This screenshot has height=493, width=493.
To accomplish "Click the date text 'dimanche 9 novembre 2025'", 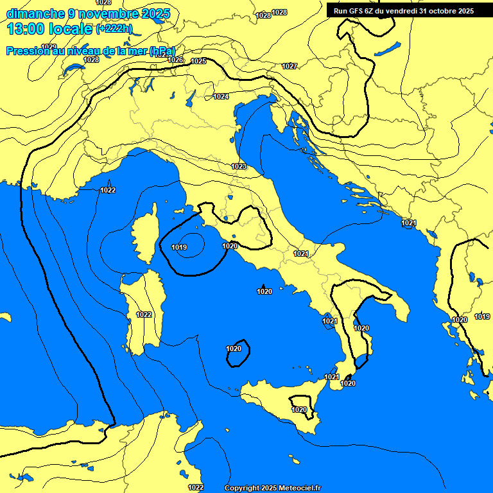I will tap(88, 13).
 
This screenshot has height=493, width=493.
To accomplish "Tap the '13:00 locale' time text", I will tap(51, 29).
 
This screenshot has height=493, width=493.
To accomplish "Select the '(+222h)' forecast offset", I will tap(114, 29).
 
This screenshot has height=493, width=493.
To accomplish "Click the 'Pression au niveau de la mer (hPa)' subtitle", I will tap(91, 51).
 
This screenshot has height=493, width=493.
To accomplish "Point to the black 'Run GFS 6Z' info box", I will tap(403, 11).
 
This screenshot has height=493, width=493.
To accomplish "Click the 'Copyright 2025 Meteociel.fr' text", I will tap(273, 489).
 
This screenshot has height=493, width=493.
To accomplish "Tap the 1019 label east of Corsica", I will tap(179, 247).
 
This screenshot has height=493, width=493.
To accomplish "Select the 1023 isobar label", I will tap(239, 166).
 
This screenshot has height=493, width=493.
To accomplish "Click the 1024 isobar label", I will tap(221, 96).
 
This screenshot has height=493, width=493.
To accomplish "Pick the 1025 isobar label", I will tap(198, 61).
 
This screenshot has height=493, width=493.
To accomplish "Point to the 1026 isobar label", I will tap(175, 60).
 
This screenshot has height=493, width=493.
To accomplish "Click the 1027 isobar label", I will tap(290, 66).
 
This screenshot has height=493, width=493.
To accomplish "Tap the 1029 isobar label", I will tap(49, 47).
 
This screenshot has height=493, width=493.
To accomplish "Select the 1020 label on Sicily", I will tap(299, 410).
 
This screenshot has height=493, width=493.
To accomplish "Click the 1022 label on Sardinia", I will tap(144, 315).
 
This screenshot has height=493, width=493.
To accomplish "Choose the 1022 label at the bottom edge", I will tap(196, 487).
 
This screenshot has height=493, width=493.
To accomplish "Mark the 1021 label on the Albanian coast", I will tap(408, 223).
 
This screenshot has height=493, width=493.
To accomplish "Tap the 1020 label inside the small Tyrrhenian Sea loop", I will tap(234, 349).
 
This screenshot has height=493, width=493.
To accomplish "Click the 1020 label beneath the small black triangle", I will tap(264, 292).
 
